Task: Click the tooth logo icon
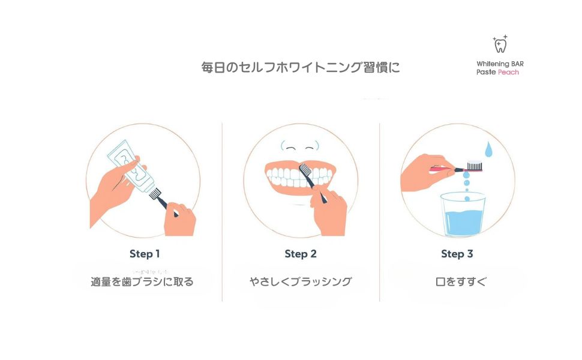tap(500, 44)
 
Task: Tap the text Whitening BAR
tap(500, 63)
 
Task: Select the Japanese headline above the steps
tap(300, 67)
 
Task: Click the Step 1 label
tap(145, 254)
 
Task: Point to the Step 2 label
tap(301, 254)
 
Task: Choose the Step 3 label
tap(457, 254)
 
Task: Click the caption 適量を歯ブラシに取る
tap(142, 281)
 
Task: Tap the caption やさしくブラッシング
tap(301, 281)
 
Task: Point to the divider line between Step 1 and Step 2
tap(222, 210)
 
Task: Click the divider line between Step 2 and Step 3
tap(379, 210)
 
